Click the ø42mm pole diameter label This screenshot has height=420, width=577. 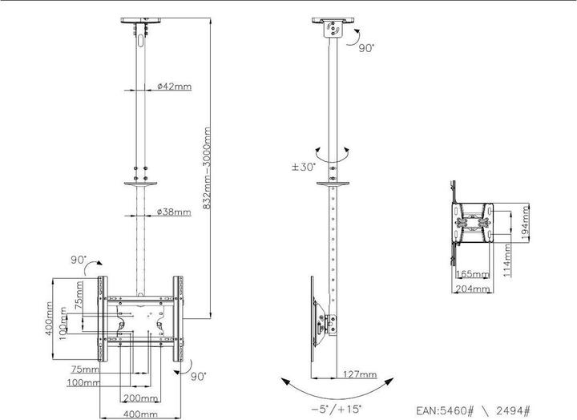172,86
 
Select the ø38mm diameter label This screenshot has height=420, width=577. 174,212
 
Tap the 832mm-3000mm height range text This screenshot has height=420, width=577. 208,168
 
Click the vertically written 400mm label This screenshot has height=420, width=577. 50,320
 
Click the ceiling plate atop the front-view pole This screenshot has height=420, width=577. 142,22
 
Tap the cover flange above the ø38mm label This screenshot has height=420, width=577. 142,185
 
